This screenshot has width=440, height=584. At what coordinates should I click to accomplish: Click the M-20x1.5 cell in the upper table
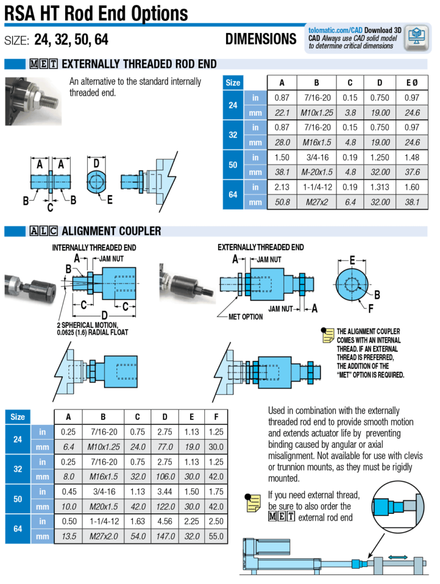click(x=316, y=172)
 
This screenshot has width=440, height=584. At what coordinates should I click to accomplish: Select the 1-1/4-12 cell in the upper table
click(x=316, y=187)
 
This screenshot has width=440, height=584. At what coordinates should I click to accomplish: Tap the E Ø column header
click(x=411, y=83)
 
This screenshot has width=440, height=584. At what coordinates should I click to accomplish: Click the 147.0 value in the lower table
click(x=165, y=536)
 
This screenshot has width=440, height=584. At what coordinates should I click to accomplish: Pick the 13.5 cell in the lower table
click(x=68, y=536)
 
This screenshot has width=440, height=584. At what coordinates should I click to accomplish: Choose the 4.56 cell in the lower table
click(x=165, y=521)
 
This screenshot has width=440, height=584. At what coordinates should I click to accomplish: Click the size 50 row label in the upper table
click(x=233, y=165)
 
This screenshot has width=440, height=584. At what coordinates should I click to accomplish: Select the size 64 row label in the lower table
click(x=18, y=529)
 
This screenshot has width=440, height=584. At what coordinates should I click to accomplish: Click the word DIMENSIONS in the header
click(x=261, y=39)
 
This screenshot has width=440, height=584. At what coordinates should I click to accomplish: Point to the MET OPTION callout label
click(x=246, y=317)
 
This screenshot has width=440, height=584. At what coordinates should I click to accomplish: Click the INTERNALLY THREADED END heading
click(x=94, y=248)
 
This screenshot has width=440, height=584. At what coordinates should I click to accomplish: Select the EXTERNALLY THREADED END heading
click(x=261, y=248)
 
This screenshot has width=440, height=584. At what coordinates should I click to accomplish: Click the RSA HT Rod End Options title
click(x=96, y=13)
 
